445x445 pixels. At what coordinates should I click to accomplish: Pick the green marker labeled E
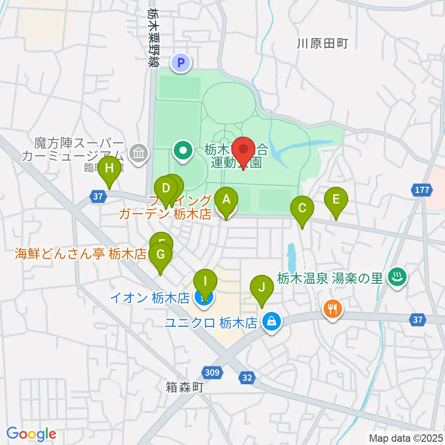click(x=336, y=201)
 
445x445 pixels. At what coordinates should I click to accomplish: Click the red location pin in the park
click(x=244, y=152)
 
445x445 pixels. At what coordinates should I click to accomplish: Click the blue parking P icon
click(x=181, y=62)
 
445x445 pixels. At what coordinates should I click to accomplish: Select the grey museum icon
click(x=138, y=152)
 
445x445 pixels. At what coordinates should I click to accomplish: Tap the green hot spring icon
click(x=398, y=278)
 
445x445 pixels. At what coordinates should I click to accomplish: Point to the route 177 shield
click(x=422, y=190)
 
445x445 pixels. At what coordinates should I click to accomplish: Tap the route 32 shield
click(x=247, y=378)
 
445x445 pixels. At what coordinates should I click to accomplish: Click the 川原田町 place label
click(x=322, y=44)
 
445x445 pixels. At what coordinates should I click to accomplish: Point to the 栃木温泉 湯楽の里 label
click(x=330, y=278)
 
